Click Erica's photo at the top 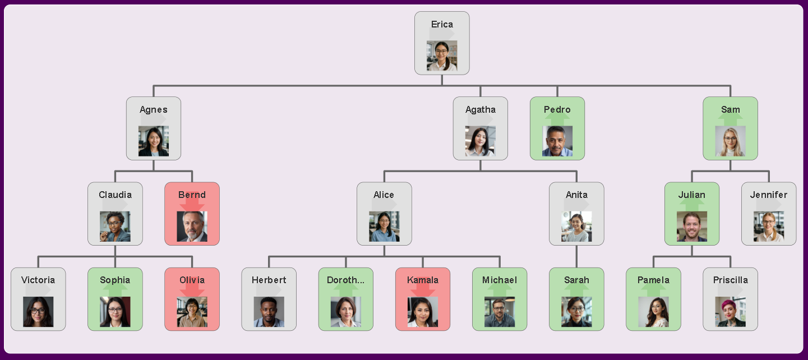pyautogui.click(x=442, y=56)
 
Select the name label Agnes pyautogui.click(x=154, y=109)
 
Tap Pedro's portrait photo pyautogui.click(x=557, y=141)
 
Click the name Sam pyautogui.click(x=730, y=109)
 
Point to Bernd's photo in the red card pyautogui.click(x=192, y=227)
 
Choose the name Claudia pyautogui.click(x=115, y=195)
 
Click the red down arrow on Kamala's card pyautogui.click(x=423, y=289)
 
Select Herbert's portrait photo pyautogui.click(x=269, y=312)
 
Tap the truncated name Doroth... pyautogui.click(x=345, y=280)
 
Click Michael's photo pyautogui.click(x=500, y=312)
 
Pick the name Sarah pyautogui.click(x=576, y=280)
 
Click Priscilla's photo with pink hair pyautogui.click(x=730, y=312)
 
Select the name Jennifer pyautogui.click(x=769, y=195)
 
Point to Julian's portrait pyautogui.click(x=692, y=227)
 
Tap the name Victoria pyautogui.click(x=38, y=280)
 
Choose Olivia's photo pyautogui.click(x=192, y=312)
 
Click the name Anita pyautogui.click(x=576, y=195)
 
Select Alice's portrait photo pyautogui.click(x=384, y=227)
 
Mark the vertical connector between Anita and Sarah pyautogui.click(x=576, y=256)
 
